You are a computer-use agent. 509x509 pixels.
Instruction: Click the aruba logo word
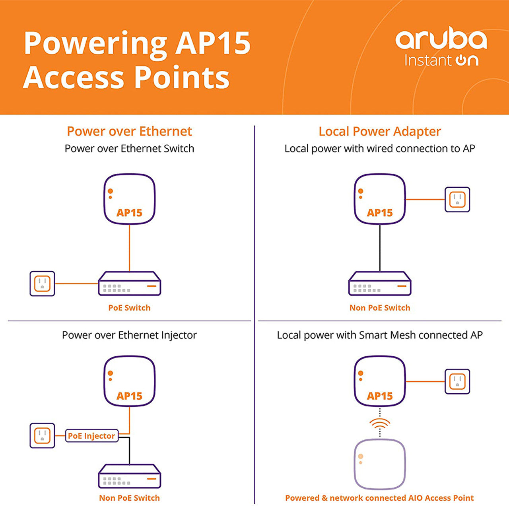pyautogui.click(x=441, y=39)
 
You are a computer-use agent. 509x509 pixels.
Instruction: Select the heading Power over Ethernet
pyautogui.click(x=129, y=131)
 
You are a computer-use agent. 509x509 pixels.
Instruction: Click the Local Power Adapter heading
pyautogui.click(x=379, y=131)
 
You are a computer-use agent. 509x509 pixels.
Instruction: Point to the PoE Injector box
pyautogui.click(x=91, y=436)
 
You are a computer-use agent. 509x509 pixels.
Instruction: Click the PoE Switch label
pyautogui.click(x=129, y=308)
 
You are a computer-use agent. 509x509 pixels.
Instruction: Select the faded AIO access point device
pyautogui.click(x=380, y=464)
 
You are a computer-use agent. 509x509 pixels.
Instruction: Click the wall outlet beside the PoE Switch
pyautogui.click(x=42, y=284)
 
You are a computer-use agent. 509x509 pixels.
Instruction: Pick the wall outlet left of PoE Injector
pyautogui.click(x=42, y=435)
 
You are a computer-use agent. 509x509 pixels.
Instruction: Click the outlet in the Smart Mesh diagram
pyautogui.click(x=457, y=382)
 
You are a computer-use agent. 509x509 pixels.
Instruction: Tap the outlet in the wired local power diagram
pyautogui.click(x=457, y=200)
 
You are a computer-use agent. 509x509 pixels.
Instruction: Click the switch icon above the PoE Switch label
pyautogui.click(x=129, y=284)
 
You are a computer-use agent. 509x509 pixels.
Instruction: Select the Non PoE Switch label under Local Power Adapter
pyautogui.click(x=379, y=308)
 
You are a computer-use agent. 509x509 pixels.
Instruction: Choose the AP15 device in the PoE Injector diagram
pyautogui.click(x=129, y=381)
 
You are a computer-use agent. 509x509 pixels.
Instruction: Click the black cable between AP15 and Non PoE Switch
pyautogui.click(x=380, y=248)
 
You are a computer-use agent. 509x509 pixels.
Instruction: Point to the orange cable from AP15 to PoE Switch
pyautogui.click(x=129, y=248)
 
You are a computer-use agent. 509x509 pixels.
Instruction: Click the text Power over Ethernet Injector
pyautogui.click(x=129, y=335)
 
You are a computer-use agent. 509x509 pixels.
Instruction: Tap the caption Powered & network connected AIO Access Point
pyautogui.click(x=379, y=498)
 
